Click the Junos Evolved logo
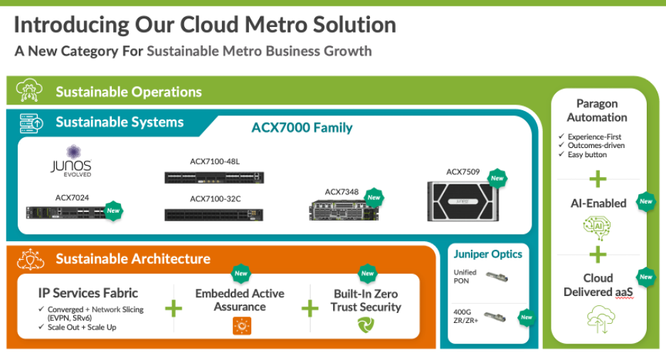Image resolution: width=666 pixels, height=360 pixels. coord(71,162)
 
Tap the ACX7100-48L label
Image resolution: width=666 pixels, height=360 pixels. coord(214,162)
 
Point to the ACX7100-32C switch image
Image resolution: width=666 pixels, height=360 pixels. coord(213,214)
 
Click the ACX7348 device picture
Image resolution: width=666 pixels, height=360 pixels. coord(336,208)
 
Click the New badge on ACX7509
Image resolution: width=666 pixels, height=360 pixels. coord(497,178)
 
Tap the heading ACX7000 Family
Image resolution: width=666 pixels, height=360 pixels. coord(302,128)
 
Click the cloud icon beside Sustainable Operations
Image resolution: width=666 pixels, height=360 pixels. coord(30,91)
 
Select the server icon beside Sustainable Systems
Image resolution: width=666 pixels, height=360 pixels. coord(30,122)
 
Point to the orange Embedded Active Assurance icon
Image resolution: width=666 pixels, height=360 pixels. coord(241,326)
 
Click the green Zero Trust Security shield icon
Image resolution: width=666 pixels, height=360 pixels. coord(366,326)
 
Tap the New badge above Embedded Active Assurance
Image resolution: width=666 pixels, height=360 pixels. coord(240,273)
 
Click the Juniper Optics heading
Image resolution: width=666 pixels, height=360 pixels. coord(487,254)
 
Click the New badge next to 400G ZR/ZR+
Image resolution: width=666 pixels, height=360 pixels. coord(526,317)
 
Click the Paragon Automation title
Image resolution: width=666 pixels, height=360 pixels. coord(597,111)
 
